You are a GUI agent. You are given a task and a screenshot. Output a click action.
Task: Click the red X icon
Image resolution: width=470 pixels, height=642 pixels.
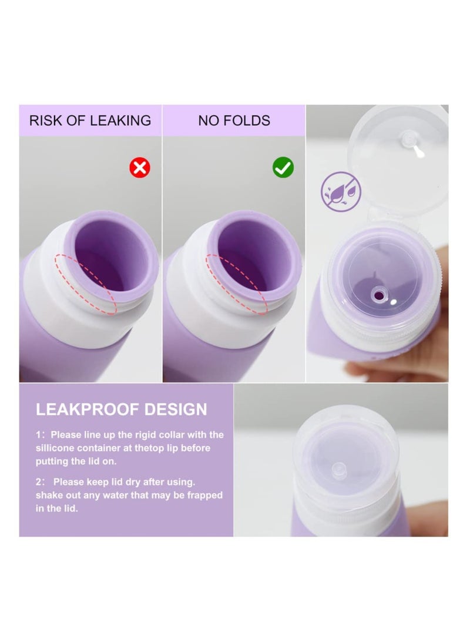[140, 168]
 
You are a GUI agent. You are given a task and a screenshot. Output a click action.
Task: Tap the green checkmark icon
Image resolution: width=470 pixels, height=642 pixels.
[283, 168]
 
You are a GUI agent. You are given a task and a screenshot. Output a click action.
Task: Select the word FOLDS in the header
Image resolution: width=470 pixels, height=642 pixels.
[251, 121]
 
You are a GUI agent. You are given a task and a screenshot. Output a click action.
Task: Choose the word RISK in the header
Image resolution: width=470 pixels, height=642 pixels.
[45, 121]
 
